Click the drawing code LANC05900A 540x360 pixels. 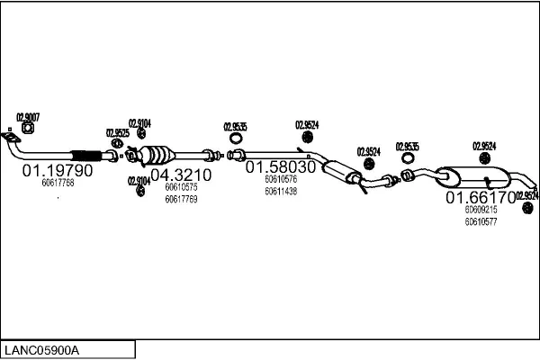click(x=42, y=349)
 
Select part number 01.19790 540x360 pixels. click(x=58, y=169)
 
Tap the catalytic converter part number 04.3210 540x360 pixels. click(x=180, y=175)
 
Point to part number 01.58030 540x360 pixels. click(x=281, y=167)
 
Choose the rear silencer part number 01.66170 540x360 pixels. click(x=481, y=196)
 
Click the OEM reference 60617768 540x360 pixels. click(x=58, y=183)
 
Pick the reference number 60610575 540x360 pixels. click(x=181, y=187)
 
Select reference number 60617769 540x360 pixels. click(x=181, y=199)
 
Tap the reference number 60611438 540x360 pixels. click(x=281, y=191)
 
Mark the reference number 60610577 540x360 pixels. click(x=481, y=220)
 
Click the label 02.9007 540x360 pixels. click(x=28, y=116)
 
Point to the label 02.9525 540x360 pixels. click(x=118, y=133)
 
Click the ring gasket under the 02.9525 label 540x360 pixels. click(x=117, y=143)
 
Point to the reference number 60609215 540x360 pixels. click(x=481, y=209)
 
